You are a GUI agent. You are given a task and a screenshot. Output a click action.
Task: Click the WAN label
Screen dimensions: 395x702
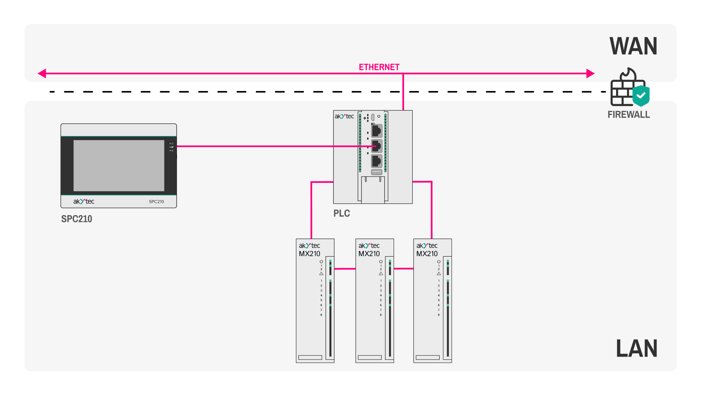[633, 46]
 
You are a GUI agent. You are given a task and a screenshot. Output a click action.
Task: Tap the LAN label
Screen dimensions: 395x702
[637, 349]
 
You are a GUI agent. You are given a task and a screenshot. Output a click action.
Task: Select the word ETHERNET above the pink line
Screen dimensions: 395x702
[379, 67]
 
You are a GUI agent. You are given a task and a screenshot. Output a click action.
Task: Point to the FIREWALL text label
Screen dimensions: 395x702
[629, 115]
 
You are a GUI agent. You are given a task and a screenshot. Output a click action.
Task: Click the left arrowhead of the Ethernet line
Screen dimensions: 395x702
[42, 74]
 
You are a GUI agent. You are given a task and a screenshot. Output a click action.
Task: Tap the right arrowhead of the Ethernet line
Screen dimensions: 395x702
[590, 74]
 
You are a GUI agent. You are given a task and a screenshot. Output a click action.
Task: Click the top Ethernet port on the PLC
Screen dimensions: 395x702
[377, 131]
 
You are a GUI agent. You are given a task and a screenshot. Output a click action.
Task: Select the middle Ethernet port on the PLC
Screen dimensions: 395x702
[377, 146]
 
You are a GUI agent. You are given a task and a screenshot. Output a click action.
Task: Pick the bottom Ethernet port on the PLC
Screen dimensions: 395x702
[377, 161]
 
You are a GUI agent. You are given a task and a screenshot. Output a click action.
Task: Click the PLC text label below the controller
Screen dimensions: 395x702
[341, 214]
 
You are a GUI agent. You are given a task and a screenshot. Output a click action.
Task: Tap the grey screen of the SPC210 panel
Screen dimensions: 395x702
[119, 165]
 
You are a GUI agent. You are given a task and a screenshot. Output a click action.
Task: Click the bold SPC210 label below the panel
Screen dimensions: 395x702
[76, 219]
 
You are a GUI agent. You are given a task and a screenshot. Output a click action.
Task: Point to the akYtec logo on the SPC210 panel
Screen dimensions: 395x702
[84, 202]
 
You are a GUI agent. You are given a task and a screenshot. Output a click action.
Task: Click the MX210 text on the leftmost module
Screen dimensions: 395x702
[309, 254]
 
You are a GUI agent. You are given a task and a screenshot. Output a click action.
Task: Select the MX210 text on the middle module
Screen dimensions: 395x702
[369, 254]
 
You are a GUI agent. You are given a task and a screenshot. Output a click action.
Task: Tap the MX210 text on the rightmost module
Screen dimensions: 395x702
[427, 254]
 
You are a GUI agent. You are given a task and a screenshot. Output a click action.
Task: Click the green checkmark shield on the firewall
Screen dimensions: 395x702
[641, 96]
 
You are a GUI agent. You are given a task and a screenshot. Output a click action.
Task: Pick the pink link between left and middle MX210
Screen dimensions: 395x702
[345, 269]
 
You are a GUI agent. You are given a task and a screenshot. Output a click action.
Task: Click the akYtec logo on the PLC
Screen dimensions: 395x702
[344, 116]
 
